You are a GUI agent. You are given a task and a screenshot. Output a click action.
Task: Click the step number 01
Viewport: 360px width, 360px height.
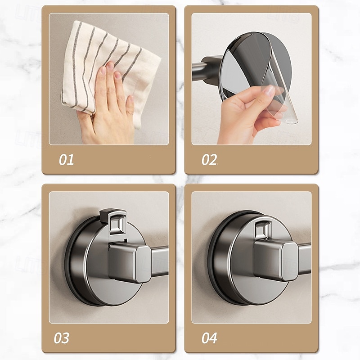click(66, 160)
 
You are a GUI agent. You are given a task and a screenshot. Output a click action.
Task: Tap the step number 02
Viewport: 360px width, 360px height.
click(209, 160)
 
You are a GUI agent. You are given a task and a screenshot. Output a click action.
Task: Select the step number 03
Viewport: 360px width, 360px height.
click(61, 338)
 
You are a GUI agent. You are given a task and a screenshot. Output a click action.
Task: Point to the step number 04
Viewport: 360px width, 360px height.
click(209, 338)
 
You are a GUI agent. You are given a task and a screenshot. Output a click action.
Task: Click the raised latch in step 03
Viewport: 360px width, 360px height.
click(113, 221)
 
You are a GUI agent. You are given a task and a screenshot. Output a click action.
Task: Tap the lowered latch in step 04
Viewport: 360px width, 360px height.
click(263, 231)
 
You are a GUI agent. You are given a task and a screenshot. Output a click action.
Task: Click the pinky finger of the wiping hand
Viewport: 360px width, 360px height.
click(130, 106)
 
